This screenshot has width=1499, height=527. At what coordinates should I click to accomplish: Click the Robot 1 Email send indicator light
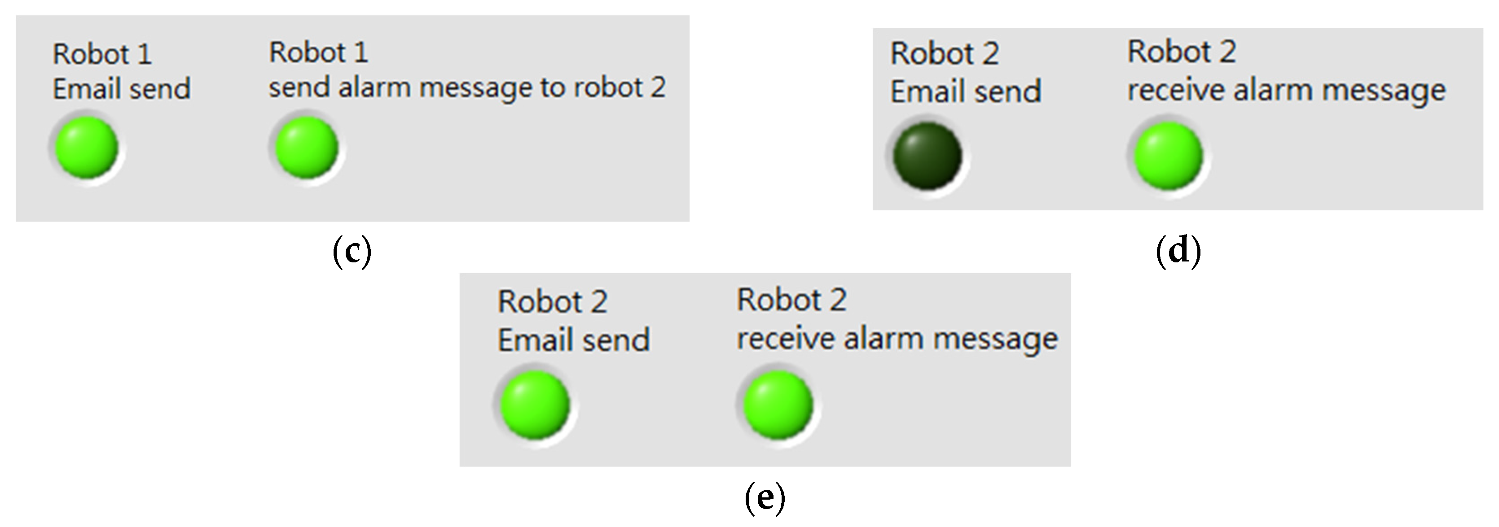point(87,147)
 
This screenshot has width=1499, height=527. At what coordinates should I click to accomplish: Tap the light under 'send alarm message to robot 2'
point(307,147)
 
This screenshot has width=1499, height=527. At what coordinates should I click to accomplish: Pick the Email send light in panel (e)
point(535,405)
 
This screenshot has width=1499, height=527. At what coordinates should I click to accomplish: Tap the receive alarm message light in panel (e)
point(778,405)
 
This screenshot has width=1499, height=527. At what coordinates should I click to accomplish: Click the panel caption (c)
point(352,251)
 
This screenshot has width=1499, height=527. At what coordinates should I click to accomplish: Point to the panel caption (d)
point(1178,251)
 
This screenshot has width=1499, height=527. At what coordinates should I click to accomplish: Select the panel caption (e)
point(765,498)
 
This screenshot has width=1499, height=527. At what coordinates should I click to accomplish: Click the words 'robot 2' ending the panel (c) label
point(619,87)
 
